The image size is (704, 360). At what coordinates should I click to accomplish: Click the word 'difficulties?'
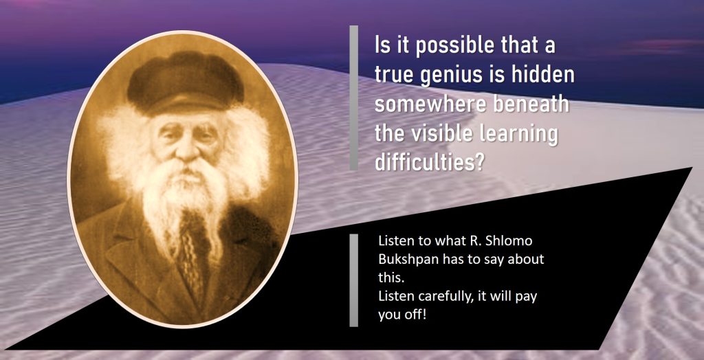[429, 162]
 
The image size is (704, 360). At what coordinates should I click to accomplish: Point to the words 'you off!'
[402, 315]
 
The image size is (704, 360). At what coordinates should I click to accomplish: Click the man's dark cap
[186, 82]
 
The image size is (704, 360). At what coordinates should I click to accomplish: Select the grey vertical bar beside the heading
[354, 98]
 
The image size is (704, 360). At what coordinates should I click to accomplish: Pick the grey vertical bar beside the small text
[354, 280]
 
